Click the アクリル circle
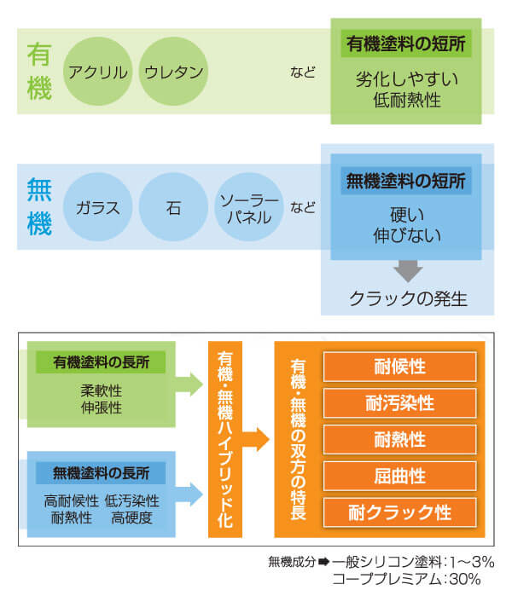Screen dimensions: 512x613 click(97, 72)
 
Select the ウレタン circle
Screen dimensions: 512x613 click(173, 72)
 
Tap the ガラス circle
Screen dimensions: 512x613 click(97, 207)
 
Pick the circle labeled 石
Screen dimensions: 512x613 click(173, 207)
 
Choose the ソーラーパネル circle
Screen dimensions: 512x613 click(249, 207)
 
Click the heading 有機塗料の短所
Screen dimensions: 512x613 click(406, 43)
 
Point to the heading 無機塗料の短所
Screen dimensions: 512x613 click(406, 181)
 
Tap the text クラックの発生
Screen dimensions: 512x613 click(408, 299)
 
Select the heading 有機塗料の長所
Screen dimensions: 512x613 click(101, 362)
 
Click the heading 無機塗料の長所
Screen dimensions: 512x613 click(101, 473)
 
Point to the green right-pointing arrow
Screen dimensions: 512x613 click(189, 385)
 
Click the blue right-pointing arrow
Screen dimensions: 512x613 click(189, 494)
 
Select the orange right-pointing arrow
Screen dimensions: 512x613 click(256, 439)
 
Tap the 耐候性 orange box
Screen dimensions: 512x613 click(399, 367)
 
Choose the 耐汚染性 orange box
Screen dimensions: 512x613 click(399, 403)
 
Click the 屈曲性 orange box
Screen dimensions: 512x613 click(399, 477)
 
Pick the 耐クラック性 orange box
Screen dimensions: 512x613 click(399, 512)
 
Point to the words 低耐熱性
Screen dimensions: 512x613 click(407, 100)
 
